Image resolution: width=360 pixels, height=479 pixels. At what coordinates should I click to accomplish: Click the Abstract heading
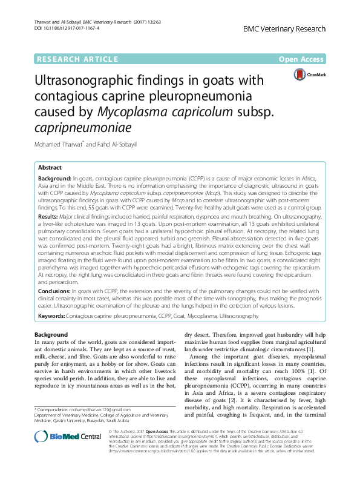point(50,167)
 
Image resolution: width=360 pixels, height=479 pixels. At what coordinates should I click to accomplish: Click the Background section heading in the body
point(51,335)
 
